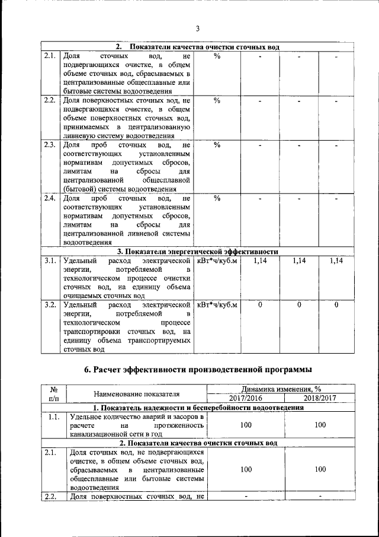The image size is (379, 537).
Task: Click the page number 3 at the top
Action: [198, 28]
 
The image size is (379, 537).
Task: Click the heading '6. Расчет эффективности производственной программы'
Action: [198, 370]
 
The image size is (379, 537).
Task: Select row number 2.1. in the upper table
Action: [50, 56]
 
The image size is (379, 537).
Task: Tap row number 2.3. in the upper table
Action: [50, 144]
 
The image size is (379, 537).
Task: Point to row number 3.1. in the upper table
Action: [50, 260]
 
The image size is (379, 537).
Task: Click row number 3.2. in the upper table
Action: [50, 304]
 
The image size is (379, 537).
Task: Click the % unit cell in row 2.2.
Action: [217, 100]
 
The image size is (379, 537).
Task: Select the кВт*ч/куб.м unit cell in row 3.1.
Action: [217, 260]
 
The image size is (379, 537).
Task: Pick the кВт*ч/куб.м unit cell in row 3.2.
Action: [217, 304]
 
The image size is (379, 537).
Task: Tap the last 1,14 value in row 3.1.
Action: [336, 260]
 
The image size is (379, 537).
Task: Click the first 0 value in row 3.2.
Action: [260, 304]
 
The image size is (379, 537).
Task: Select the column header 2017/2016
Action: [245, 398]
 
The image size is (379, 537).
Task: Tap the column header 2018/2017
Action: [320, 398]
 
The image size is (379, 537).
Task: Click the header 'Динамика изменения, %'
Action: [282, 389]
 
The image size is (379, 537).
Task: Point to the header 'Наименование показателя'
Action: [136, 393]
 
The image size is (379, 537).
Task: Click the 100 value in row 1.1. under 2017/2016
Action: [245, 425]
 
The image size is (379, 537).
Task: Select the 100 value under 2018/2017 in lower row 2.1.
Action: [320, 469]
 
